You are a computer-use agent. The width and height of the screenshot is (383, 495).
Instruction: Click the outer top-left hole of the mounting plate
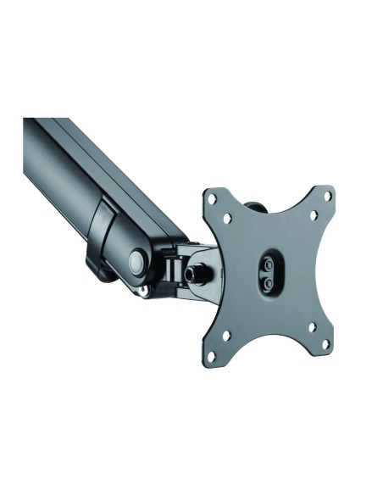(212, 200)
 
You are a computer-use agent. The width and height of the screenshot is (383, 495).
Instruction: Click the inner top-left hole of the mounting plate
(226, 218)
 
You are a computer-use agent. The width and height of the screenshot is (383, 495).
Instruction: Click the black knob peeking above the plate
(253, 206)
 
